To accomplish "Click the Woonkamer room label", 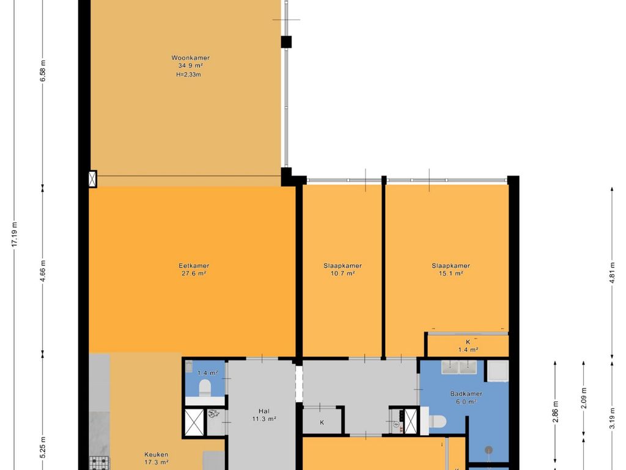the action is pos(191,58).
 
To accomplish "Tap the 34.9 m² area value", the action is pos(191,65).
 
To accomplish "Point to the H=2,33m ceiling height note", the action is pos(188,74).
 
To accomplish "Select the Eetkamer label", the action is pos(194,266).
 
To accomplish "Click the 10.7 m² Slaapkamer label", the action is pos(342,266).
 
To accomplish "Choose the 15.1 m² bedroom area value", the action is pos(451,274).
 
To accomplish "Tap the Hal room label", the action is pos(264,411).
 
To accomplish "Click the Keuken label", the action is pos(156,455).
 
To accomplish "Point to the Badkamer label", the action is pos(466,394).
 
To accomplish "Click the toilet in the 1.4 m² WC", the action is pos(205,387).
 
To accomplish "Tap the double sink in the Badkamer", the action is pos(459,367).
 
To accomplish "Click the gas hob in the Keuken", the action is pos(99,463).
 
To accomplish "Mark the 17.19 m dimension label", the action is pos(15,234).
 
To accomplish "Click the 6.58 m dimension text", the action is pos(43,71).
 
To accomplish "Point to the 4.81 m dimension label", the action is pos(612,272).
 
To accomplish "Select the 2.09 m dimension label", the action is pos(584,398).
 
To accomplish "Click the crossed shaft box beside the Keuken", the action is pos(194,422).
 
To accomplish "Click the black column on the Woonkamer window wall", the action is pos(286,42).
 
